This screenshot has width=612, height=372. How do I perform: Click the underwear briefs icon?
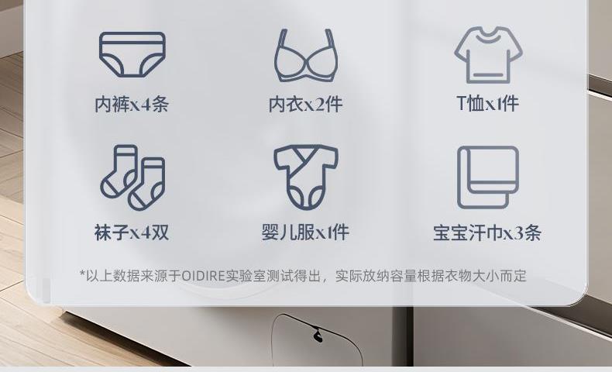132,54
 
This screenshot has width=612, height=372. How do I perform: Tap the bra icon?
306,55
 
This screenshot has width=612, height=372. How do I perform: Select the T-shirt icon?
488,55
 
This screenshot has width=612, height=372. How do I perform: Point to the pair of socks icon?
132,177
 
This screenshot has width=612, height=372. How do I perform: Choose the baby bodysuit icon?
306,177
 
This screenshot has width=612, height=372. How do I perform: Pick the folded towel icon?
488,177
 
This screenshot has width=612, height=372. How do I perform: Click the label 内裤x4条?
132,104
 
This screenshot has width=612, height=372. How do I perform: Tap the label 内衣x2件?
305,104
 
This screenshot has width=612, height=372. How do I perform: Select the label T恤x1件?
488,103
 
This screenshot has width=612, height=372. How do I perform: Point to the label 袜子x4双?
132,232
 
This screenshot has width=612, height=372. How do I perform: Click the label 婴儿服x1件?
305,232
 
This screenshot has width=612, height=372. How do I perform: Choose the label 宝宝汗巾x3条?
487,233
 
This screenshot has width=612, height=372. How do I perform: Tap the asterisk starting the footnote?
82,274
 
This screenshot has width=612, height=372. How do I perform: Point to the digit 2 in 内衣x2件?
321,105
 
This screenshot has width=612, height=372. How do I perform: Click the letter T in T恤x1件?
462,103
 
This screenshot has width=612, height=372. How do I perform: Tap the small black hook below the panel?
318,336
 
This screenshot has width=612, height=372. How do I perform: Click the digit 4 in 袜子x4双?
146,233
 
